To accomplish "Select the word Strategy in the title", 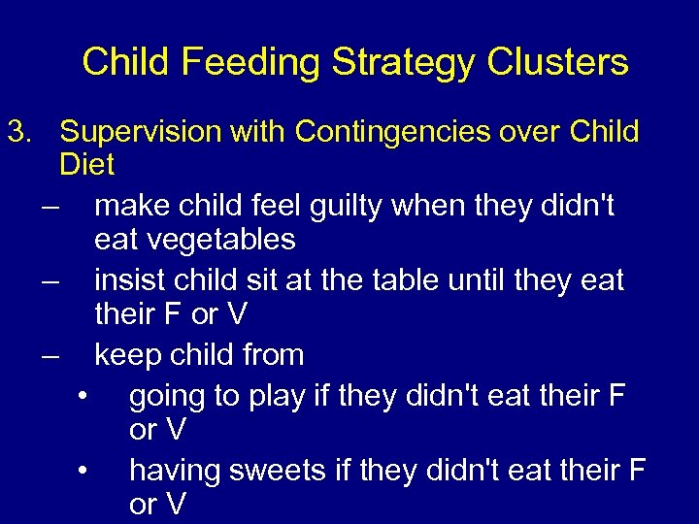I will click(402, 63).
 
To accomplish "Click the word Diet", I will click(86, 165).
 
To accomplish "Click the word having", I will click(175, 471).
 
